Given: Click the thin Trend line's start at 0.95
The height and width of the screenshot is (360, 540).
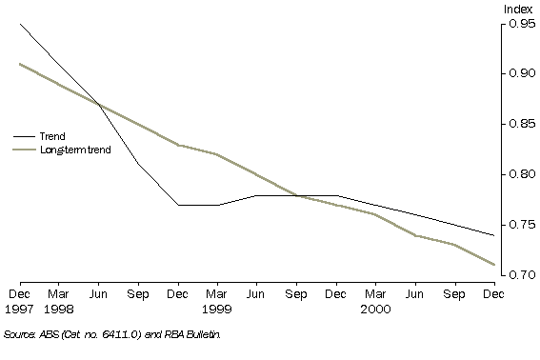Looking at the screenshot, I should click(x=20, y=24).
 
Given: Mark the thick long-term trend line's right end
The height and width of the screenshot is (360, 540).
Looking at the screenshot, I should click(x=493, y=265).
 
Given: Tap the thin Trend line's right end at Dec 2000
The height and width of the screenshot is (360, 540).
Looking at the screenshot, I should click(x=493, y=234).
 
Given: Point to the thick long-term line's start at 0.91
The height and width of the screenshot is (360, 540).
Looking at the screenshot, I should click(x=20, y=64).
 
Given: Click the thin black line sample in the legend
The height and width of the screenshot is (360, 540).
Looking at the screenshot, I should click(x=24, y=136).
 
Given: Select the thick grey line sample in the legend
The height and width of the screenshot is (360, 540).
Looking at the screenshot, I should click(x=24, y=150).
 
